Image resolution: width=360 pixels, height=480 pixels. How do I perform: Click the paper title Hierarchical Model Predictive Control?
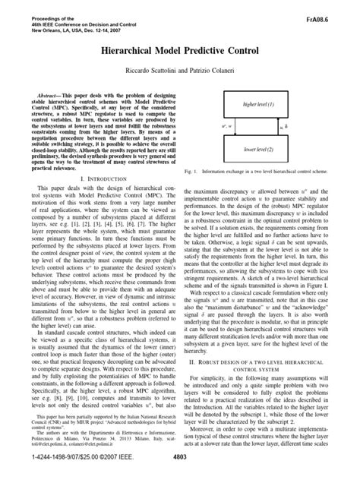pyautogui.click(x=179, y=47)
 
